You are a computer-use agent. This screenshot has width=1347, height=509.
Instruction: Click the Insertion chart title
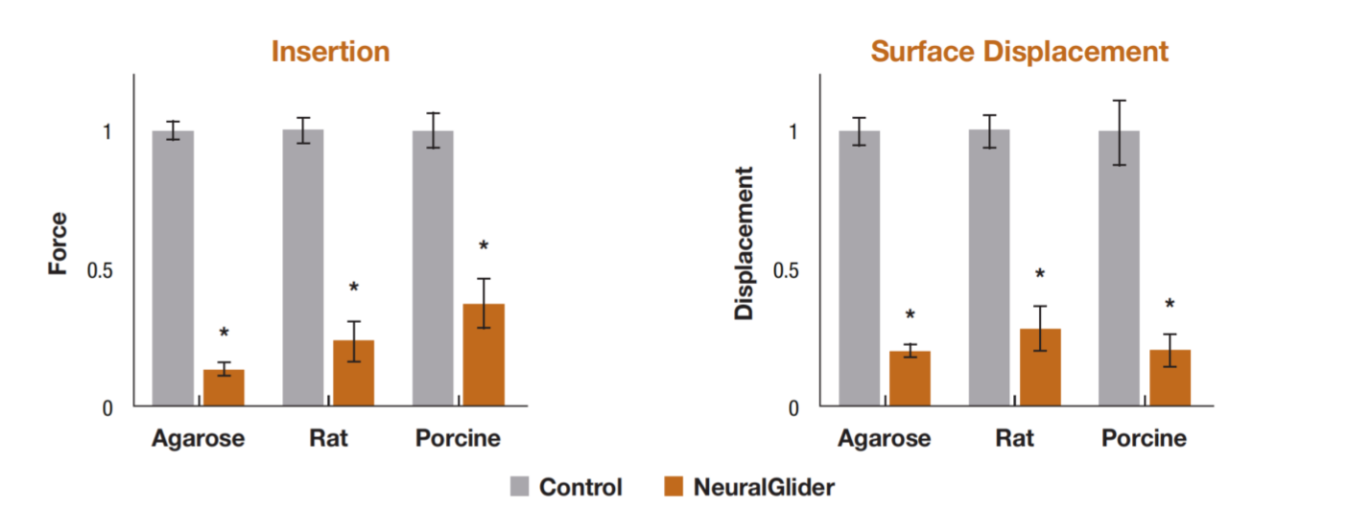pos(330,51)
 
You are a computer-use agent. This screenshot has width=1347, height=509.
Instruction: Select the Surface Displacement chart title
pos(1020,51)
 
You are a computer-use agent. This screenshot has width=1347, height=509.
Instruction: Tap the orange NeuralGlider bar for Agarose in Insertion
pos(224,387)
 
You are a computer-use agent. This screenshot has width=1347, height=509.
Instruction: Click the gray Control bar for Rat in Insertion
pos(302,268)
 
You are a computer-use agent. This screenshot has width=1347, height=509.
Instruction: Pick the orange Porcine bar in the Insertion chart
pos(484,355)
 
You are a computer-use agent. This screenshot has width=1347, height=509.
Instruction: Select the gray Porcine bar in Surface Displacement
pos(1119,268)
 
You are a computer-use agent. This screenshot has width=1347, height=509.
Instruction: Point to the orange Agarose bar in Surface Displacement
pos(910,379)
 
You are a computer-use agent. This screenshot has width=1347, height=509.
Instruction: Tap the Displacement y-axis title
pos(745,243)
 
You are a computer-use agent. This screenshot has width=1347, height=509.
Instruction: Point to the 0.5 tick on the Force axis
pos(100,269)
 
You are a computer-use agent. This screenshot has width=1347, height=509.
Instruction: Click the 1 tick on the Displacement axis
pos(792,131)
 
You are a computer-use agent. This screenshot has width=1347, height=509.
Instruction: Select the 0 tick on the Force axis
pos(107,407)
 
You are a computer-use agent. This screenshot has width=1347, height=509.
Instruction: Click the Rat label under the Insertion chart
pos(328,439)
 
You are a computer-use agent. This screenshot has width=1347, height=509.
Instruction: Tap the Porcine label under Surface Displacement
pos(1144,439)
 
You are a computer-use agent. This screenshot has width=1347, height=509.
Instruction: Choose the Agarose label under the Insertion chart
pos(199,439)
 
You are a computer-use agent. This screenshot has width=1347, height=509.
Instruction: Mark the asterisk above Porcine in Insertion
pos(484,246)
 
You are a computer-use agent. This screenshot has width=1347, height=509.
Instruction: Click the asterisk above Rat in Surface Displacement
pos(1040,274)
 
